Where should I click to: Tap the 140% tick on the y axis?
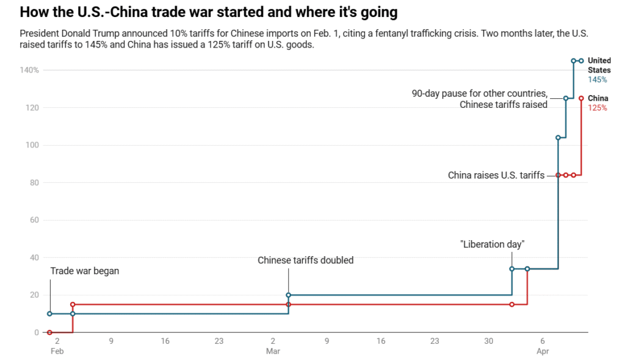point(29,70)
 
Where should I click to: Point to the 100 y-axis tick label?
point(33,145)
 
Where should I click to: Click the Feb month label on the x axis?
point(57,351)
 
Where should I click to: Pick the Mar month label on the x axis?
point(272,351)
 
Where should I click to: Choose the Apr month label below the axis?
point(543,351)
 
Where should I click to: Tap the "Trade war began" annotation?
point(84,271)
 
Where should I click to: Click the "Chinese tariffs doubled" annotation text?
point(305,260)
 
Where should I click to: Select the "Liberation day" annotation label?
point(492,244)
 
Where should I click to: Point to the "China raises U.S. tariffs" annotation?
point(496,176)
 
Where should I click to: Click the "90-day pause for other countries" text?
point(480,93)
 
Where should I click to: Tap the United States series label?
point(599,65)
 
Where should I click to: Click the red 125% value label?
point(598,108)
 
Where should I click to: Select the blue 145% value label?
point(598,80)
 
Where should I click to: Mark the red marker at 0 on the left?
point(49,332)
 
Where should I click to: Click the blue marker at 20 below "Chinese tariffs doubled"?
point(288,295)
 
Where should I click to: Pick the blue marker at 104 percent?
point(558,138)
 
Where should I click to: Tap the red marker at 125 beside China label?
point(581,98)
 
